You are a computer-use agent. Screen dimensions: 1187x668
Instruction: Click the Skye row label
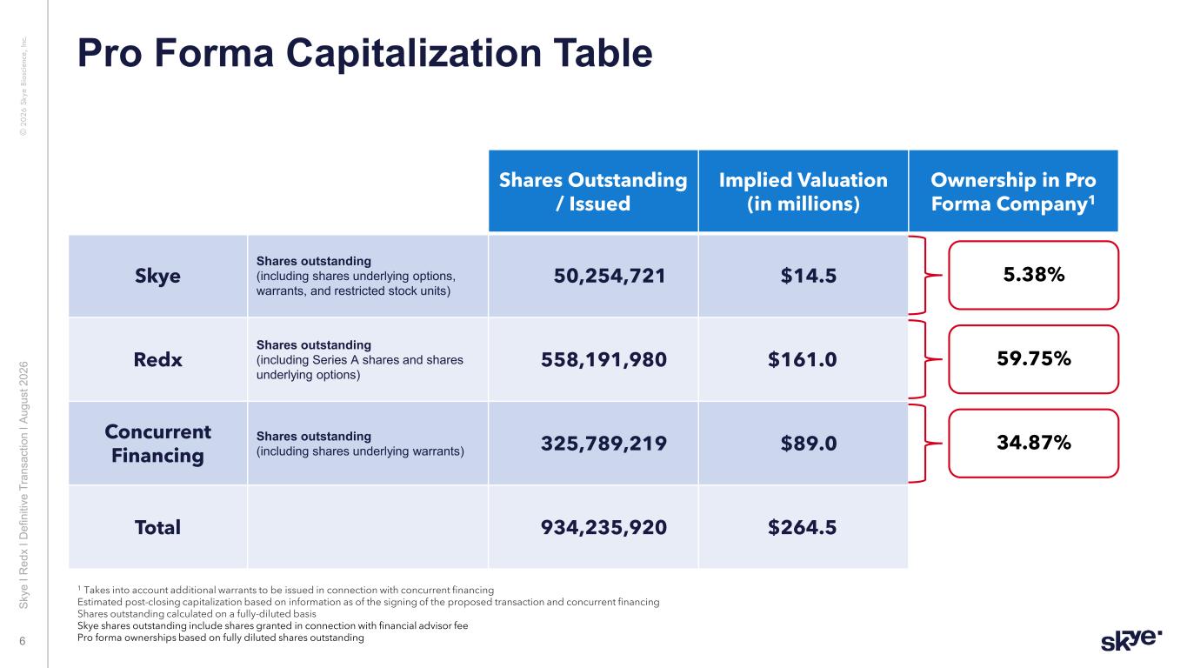(157, 276)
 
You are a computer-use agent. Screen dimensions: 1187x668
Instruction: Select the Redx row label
(157, 359)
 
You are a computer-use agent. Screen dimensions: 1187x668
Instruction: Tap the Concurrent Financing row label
(157, 444)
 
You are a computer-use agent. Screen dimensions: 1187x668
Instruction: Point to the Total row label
(157, 527)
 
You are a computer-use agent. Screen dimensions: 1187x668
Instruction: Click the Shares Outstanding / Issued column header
(593, 191)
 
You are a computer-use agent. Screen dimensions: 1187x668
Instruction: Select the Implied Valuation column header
(803, 191)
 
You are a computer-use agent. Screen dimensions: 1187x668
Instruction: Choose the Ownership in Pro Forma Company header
(1013, 191)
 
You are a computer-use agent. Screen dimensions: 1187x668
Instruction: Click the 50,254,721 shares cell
(610, 276)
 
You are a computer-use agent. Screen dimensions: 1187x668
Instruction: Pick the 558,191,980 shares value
(604, 359)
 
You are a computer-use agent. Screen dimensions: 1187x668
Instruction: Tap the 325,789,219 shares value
(604, 444)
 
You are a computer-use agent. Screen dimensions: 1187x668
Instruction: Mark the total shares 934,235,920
(604, 527)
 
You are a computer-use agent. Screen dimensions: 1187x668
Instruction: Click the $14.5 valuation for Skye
(809, 276)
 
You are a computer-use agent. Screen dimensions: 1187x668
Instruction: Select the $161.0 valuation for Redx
(803, 359)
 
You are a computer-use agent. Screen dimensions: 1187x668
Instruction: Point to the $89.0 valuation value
(809, 444)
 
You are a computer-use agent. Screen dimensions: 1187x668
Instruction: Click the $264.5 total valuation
(803, 527)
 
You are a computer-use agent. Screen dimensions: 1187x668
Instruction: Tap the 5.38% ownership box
(1033, 275)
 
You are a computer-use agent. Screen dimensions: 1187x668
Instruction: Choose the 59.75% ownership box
(1033, 359)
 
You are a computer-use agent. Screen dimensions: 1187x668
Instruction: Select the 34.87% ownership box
(1033, 443)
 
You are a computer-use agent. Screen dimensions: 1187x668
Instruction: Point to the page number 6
(23, 641)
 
